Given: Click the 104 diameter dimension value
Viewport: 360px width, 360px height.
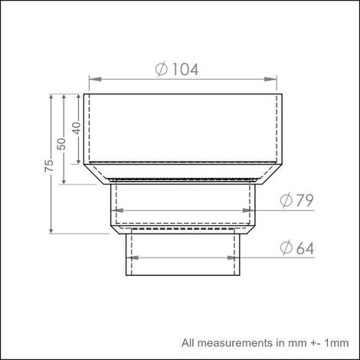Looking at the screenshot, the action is point(185,70).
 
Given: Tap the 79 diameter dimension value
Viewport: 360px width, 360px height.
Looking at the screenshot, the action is point(305,201).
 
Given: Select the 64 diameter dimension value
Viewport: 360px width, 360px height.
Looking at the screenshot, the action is point(305,248).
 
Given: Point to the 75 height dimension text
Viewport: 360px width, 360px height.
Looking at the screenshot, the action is point(49,165).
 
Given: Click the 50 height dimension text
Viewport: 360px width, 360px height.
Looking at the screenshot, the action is point(61,144).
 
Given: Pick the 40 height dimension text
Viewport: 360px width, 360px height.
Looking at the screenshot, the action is point(77,128).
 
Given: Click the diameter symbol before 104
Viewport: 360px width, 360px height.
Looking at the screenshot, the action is point(162,70).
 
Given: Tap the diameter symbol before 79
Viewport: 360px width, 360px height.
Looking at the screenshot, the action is point(286,201).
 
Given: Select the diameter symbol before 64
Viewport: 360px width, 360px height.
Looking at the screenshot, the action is point(286,248).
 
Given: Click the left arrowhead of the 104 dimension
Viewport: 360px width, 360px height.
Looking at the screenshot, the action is point(95,79).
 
